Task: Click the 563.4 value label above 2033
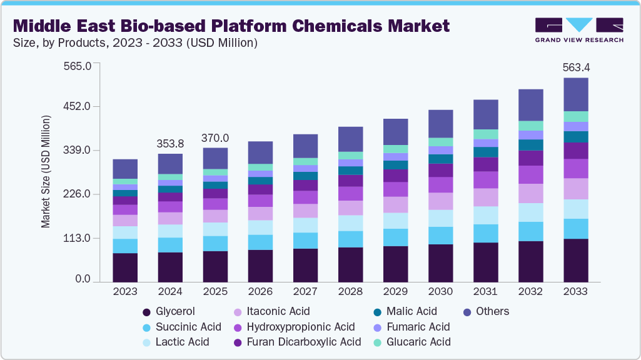[x=575, y=67]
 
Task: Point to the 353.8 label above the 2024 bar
[x=170, y=144]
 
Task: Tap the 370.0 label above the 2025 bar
[x=215, y=137]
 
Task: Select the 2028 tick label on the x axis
[x=350, y=291]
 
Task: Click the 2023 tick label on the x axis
[x=125, y=291]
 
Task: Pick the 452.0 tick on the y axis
[x=78, y=106]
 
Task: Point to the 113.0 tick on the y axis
[x=78, y=239]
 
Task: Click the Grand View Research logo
[x=578, y=29]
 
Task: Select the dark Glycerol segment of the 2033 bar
[x=575, y=260]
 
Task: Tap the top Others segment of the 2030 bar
[x=440, y=124]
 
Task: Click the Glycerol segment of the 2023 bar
[x=125, y=267]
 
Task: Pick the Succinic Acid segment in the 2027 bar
[x=305, y=241]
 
